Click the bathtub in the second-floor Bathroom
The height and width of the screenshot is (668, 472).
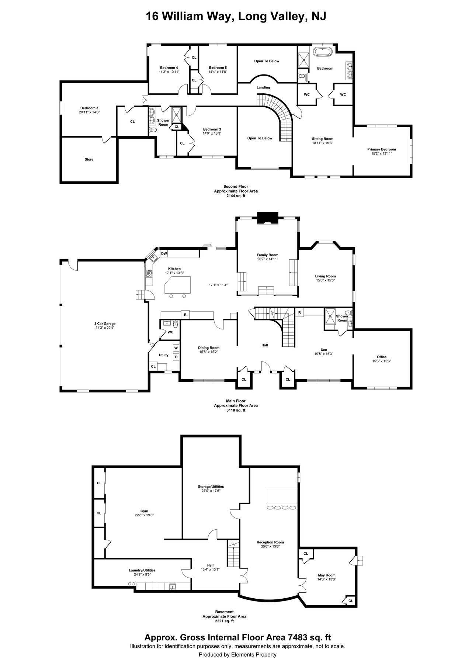pyautogui.click(x=323, y=51)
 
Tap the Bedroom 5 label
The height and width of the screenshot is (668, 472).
pyautogui.click(x=218, y=68)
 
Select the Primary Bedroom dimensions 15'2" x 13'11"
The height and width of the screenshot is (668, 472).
pyautogui.click(x=381, y=153)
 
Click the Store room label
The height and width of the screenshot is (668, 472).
pyautogui.click(x=89, y=159)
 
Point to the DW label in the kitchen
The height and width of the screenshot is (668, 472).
pyautogui.click(x=164, y=253)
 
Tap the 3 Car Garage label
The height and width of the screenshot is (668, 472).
pyautogui.click(x=105, y=324)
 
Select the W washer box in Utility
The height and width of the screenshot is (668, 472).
pyautogui.click(x=176, y=348)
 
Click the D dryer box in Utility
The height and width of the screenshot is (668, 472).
pyautogui.click(x=176, y=357)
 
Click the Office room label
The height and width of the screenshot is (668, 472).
pyautogui.click(x=382, y=357)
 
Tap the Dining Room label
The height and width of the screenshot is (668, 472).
pyautogui.click(x=209, y=347)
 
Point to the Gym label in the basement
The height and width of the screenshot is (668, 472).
pyautogui.click(x=144, y=511)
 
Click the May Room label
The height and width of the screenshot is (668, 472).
pyautogui.click(x=327, y=575)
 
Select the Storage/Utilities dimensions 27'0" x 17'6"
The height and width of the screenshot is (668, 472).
pyautogui.click(x=211, y=491)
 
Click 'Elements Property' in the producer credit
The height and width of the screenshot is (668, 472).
pyautogui.click(x=254, y=655)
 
